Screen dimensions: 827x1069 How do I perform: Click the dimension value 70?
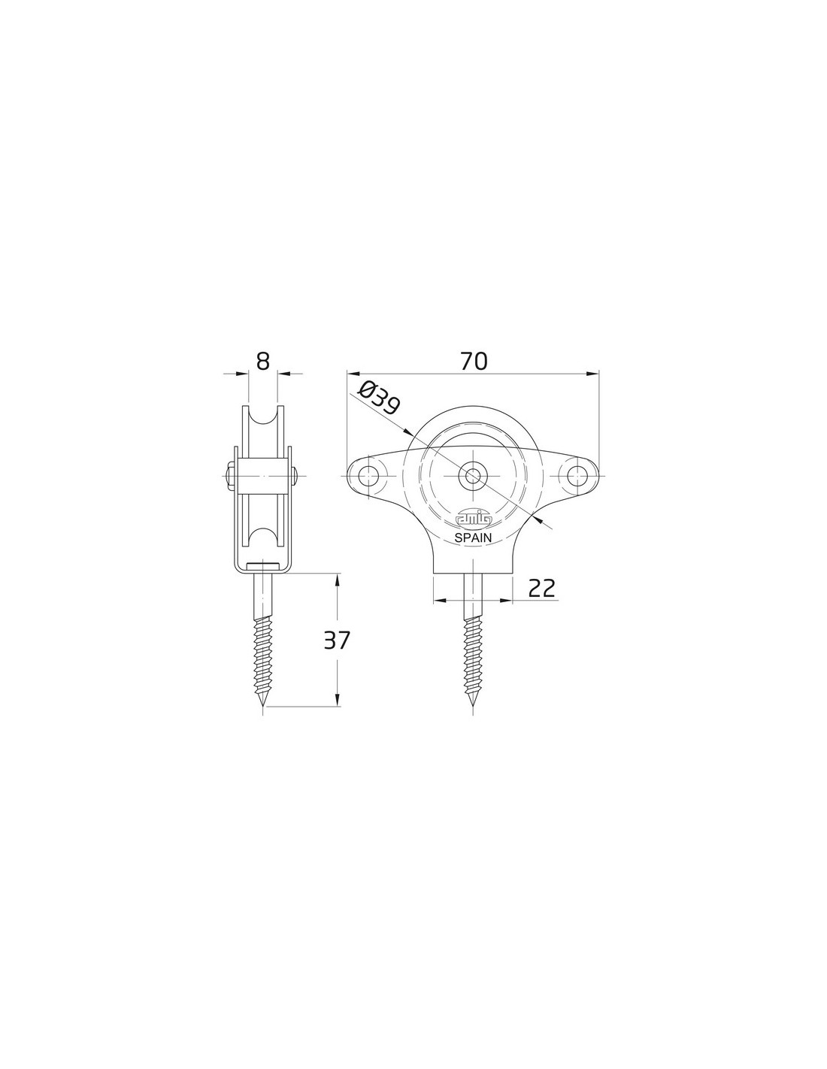[474, 361]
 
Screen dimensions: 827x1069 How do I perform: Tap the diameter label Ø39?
[379, 398]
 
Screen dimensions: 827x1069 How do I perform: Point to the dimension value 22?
[541, 588]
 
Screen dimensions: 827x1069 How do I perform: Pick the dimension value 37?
[337, 640]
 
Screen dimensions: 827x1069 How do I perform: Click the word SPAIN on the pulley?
[473, 538]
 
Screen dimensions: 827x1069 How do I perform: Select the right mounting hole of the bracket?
[575, 476]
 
